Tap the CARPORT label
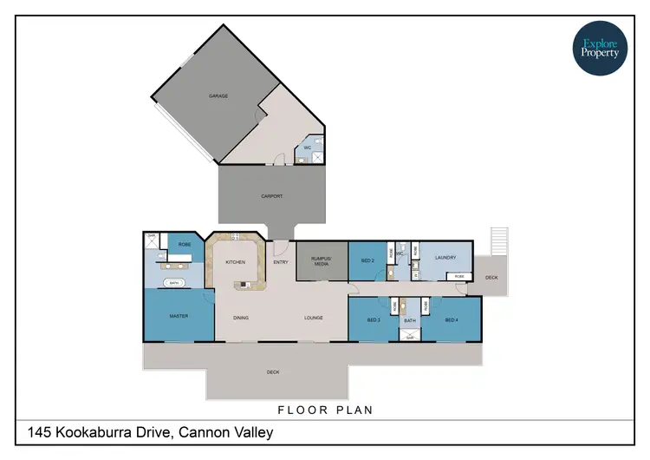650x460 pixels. pyautogui.click(x=272, y=196)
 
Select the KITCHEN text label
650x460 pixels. pyautogui.click(x=236, y=262)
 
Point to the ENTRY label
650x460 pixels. pyautogui.click(x=281, y=262)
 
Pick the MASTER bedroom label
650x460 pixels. pyautogui.click(x=179, y=316)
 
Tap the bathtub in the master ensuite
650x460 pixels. pyautogui.click(x=174, y=283)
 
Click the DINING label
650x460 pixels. pyautogui.click(x=241, y=318)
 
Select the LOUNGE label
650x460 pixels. pyautogui.click(x=313, y=318)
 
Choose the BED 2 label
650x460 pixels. pyautogui.click(x=367, y=260)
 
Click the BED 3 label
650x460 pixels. pyautogui.click(x=374, y=320)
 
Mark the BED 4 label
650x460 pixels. pyautogui.click(x=452, y=320)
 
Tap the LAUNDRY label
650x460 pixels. pyautogui.click(x=445, y=257)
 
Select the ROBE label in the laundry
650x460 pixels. pyautogui.click(x=458, y=276)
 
